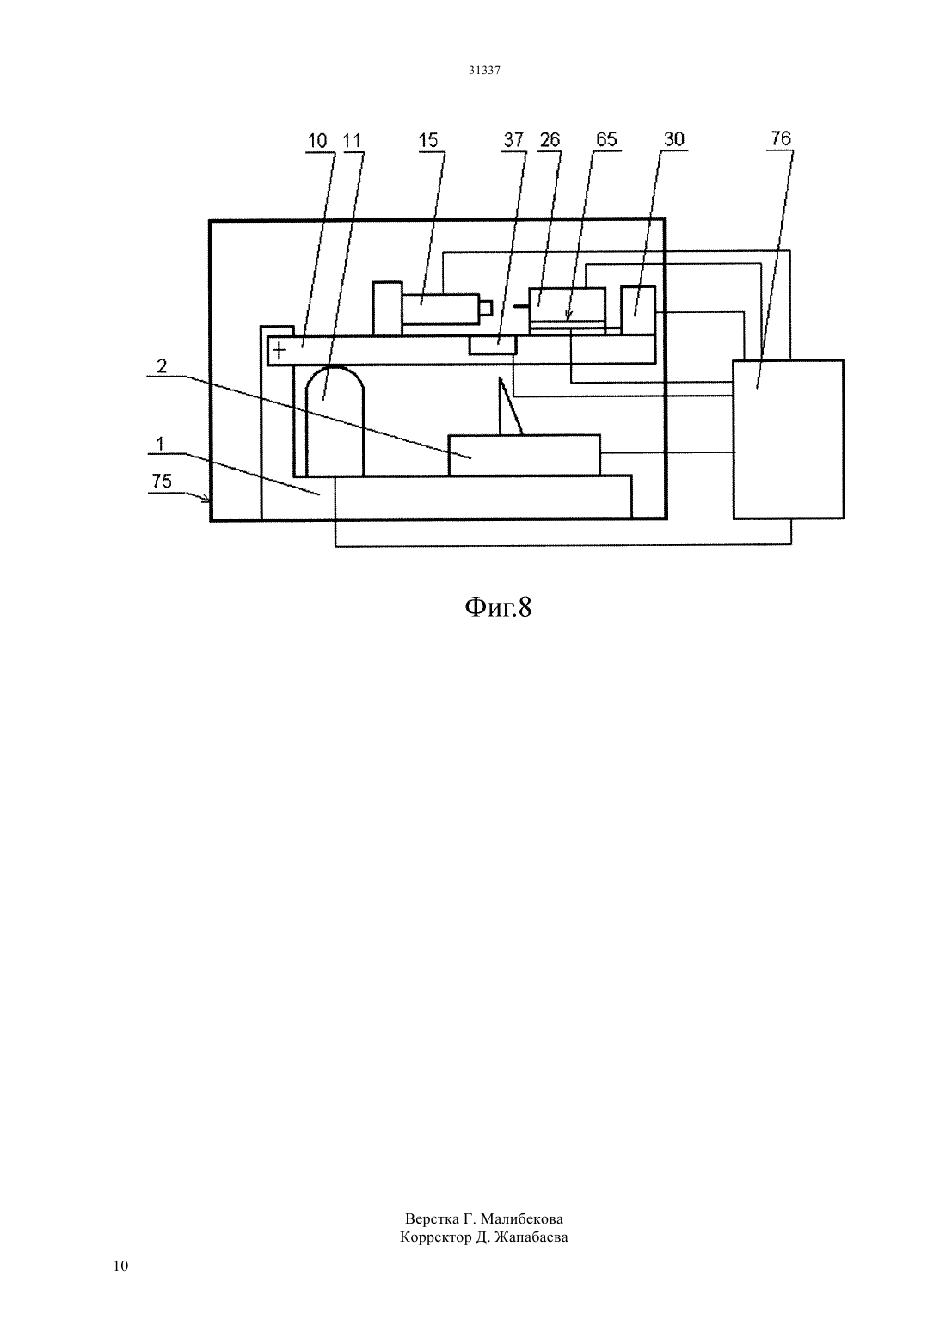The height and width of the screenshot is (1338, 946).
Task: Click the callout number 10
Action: pyautogui.click(x=317, y=141)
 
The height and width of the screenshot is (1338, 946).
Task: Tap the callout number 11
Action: pyautogui.click(x=353, y=141)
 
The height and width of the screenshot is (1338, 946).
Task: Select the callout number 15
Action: pyautogui.click(x=428, y=140)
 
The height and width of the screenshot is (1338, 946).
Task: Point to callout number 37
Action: pyautogui.click(x=513, y=140)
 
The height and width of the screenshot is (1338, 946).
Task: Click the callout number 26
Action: pyautogui.click(x=550, y=140)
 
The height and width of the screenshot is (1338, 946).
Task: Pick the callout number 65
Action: pyautogui.click(x=607, y=140)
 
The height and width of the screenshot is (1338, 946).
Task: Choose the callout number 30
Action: pyautogui.click(x=674, y=139)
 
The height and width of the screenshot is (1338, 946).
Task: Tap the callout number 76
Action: pyautogui.click(x=781, y=138)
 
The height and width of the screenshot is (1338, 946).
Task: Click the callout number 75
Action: pyautogui.click(x=162, y=481)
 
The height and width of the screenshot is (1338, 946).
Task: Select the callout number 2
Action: pyautogui.click(x=162, y=366)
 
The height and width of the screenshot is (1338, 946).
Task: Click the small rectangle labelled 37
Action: pyautogui.click(x=493, y=345)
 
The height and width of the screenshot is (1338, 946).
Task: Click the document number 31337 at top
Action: pyautogui.click(x=484, y=71)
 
